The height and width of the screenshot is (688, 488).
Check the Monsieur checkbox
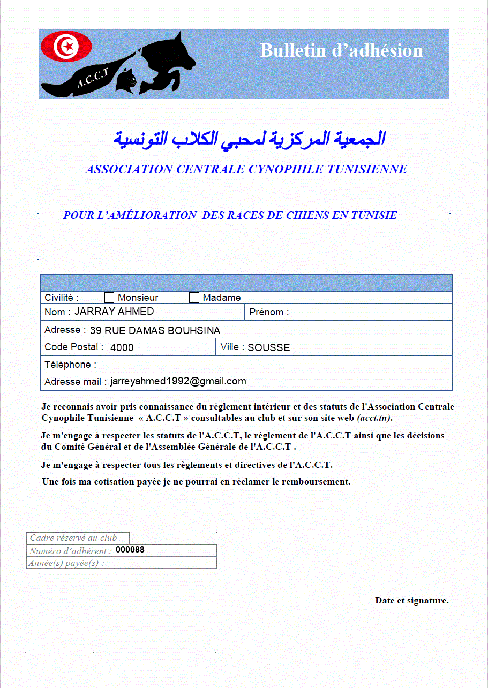[x=109, y=298]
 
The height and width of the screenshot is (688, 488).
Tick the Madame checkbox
[x=194, y=298]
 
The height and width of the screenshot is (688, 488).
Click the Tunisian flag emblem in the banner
[x=66, y=47]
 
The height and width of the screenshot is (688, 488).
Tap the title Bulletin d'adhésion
[x=341, y=50]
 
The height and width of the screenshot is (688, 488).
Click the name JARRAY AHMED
[x=114, y=312]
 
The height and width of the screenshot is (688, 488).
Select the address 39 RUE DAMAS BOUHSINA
[x=155, y=330]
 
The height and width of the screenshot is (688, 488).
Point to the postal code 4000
[x=122, y=347]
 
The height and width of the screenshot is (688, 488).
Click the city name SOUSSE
[x=268, y=347]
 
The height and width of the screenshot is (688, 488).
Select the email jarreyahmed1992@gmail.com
[x=178, y=381]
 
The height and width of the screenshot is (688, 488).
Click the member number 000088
[x=130, y=550]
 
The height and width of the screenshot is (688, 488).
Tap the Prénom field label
[x=269, y=312]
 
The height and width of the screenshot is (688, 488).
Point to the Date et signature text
[x=411, y=600]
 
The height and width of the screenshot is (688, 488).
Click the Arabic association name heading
[x=249, y=139]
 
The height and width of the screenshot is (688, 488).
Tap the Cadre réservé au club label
[x=73, y=538]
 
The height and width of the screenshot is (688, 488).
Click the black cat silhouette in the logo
[x=127, y=80]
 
